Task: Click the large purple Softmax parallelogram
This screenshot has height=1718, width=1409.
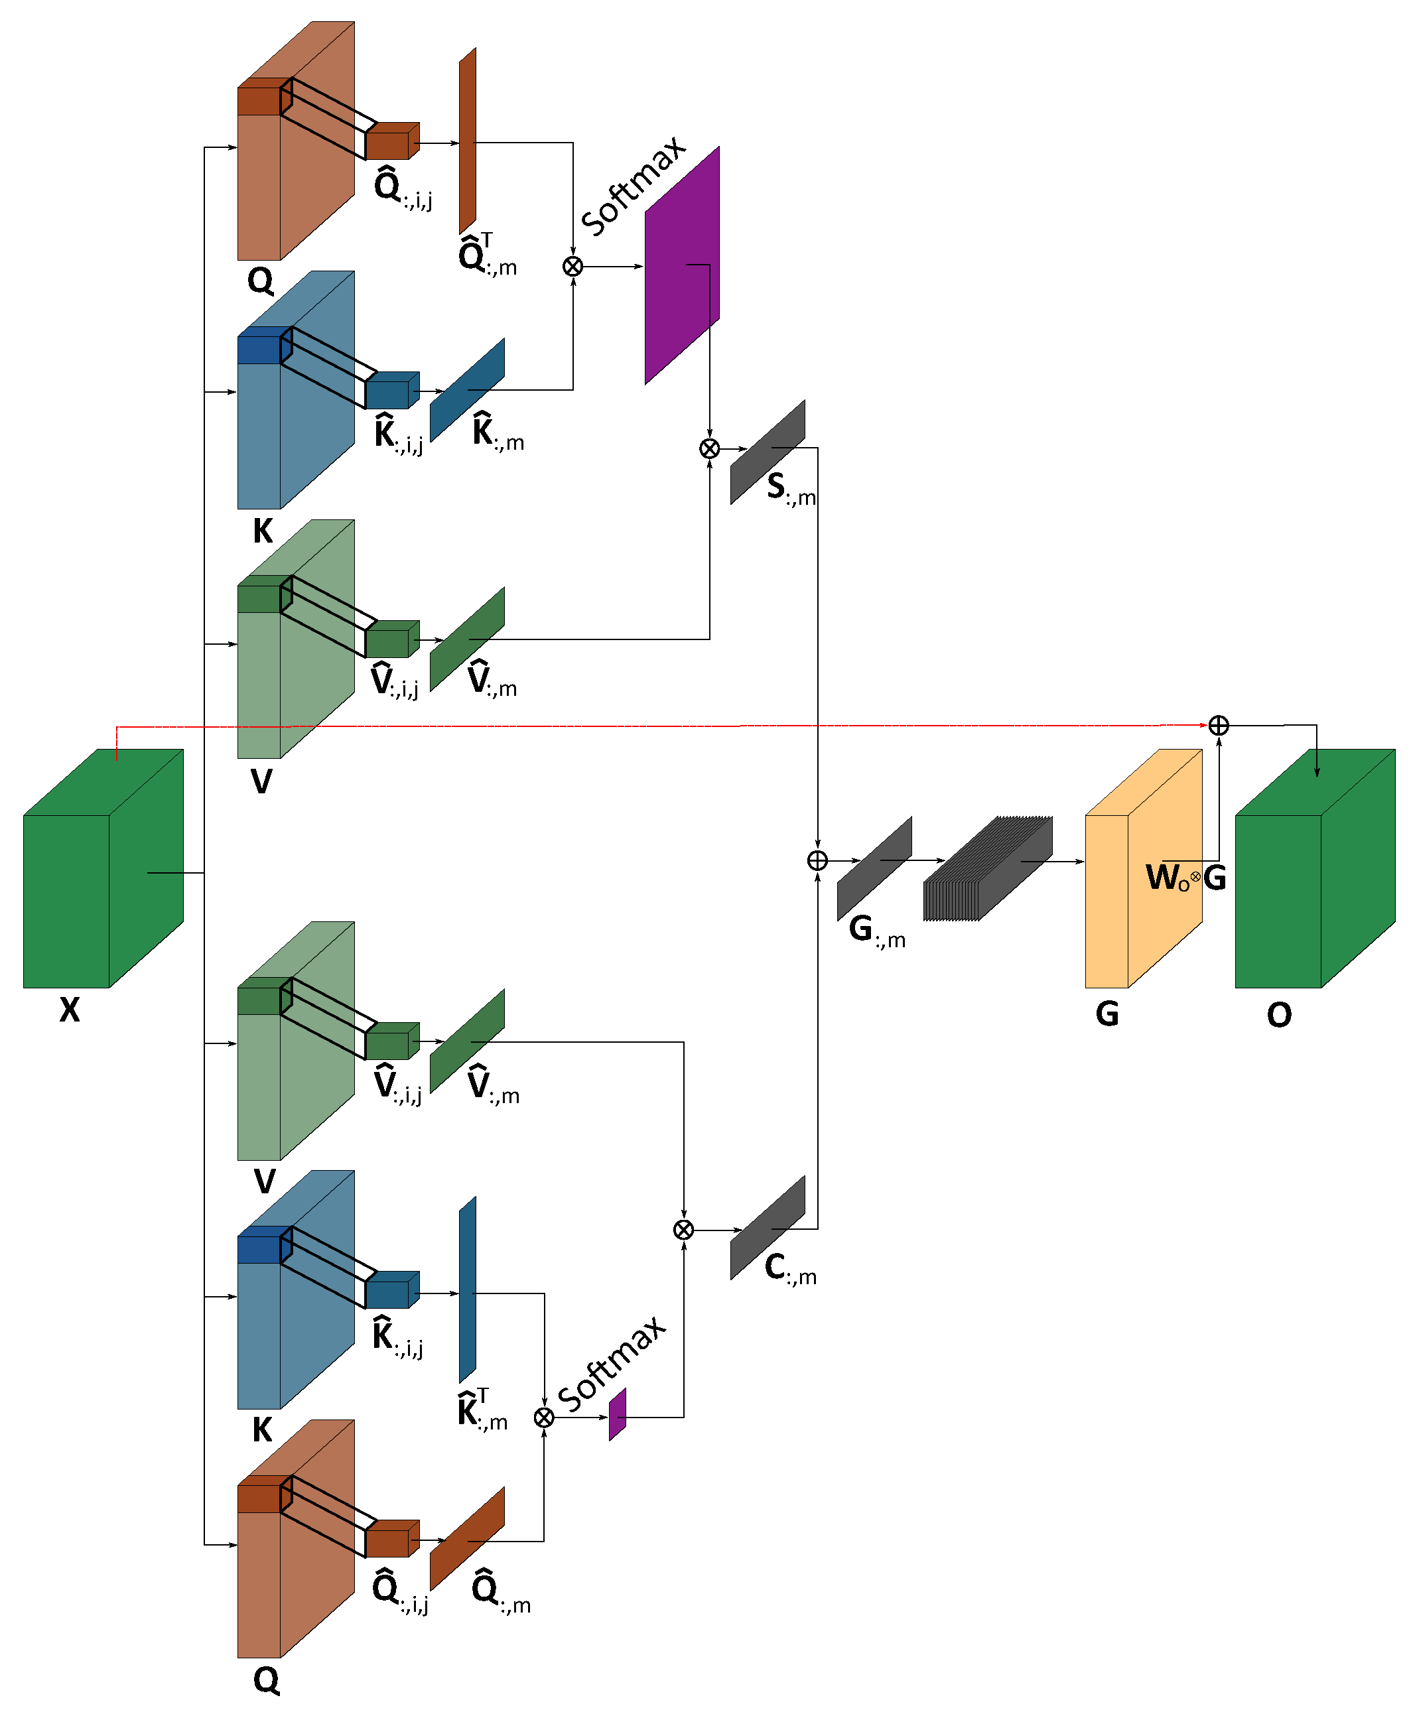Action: coord(682,265)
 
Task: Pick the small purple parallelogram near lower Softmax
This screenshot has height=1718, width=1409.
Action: coord(618,1414)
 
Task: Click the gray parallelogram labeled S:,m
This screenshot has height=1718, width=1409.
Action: coord(767,452)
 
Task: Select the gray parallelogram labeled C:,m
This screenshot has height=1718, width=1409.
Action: coord(767,1228)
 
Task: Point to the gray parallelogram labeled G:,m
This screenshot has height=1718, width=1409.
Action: coord(874,868)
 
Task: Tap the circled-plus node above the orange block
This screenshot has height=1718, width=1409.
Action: coord(1218,726)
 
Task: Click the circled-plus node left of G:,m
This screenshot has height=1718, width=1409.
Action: coord(817,861)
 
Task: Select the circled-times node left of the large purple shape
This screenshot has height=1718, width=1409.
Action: coord(573,266)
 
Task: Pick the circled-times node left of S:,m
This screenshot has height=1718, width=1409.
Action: coord(709,449)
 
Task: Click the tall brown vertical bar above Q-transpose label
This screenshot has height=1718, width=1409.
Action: coord(468,141)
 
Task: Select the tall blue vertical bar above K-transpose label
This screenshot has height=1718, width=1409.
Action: coord(468,1289)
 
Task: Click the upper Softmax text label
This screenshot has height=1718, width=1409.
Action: coord(633,186)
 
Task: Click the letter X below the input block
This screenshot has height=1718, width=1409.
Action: coord(70,1010)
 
